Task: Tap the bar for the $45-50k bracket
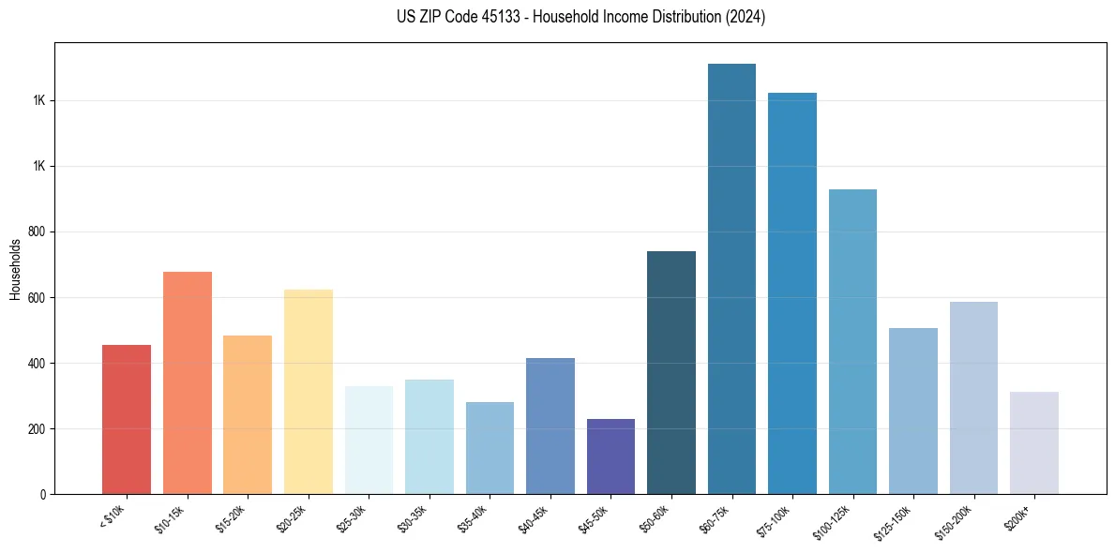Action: point(610,456)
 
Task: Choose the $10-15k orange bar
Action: point(188,383)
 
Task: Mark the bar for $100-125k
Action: point(852,342)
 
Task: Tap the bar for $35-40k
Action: point(490,448)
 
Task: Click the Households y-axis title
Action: point(15,269)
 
